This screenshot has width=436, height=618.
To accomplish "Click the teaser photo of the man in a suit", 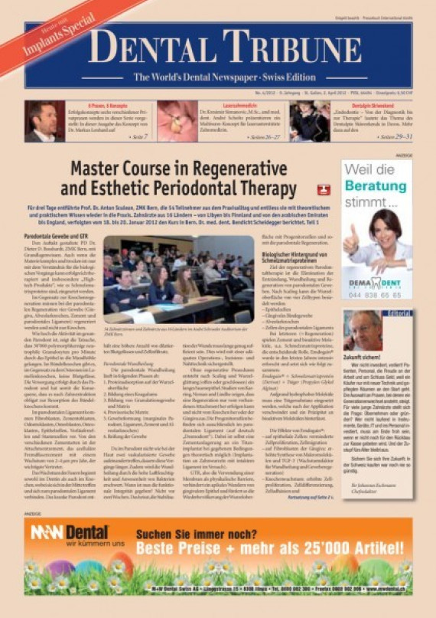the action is [x=44, y=121].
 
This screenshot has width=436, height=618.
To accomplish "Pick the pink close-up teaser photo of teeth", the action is [x=177, y=121].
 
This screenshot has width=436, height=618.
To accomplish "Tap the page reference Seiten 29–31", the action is [x=397, y=136].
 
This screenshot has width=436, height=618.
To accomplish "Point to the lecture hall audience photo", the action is [x=168, y=279].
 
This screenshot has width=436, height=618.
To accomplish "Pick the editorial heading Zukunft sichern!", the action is [x=363, y=357].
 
